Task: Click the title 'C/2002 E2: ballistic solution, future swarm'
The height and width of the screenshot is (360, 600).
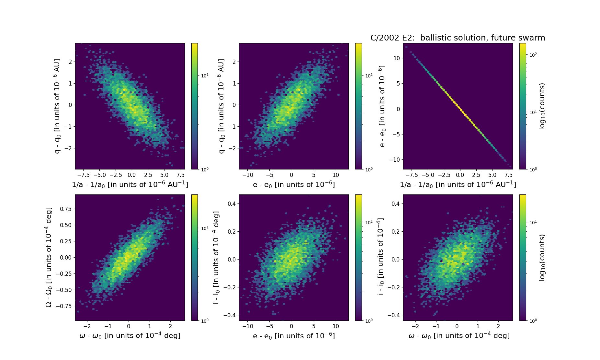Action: click(x=458, y=38)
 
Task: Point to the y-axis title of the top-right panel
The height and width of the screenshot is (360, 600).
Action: click(x=382, y=106)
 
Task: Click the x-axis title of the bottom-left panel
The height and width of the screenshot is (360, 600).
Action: click(x=130, y=336)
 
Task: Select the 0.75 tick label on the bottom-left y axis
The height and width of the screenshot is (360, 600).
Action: click(x=66, y=209)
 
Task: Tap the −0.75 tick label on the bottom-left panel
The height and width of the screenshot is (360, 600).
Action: click(x=64, y=306)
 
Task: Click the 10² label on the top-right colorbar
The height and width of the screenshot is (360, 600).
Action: click(x=533, y=55)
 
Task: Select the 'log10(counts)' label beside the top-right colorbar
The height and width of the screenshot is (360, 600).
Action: click(x=542, y=106)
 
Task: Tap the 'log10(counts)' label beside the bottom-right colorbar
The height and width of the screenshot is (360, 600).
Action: click(x=542, y=258)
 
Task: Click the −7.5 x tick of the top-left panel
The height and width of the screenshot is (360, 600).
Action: click(x=84, y=175)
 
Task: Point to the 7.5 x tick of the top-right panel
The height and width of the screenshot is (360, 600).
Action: click(x=508, y=175)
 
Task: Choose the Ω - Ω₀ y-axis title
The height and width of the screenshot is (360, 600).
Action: click(x=49, y=258)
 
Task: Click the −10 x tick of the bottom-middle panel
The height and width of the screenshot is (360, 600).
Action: click(x=248, y=326)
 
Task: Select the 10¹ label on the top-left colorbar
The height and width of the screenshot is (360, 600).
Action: click(x=205, y=76)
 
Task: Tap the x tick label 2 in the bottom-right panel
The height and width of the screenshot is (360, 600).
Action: click(x=498, y=326)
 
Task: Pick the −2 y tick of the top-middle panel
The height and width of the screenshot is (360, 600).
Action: click(x=232, y=148)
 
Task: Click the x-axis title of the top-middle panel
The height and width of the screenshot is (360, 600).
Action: click(x=294, y=185)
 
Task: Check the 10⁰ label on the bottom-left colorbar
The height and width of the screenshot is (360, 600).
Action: click(x=205, y=320)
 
